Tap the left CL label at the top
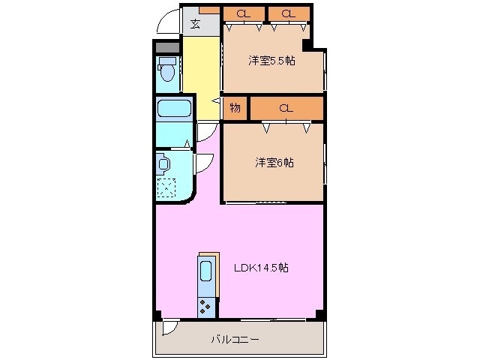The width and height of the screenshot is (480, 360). pos(244,13)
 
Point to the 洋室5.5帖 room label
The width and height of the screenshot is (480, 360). pos(271,61)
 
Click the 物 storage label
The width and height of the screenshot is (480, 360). pos(235,108)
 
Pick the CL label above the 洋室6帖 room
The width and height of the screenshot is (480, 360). pos(286,108)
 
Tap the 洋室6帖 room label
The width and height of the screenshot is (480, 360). pos(273,162)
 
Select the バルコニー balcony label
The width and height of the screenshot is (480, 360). pos(235,340)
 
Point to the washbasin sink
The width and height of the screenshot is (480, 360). pos(163,162)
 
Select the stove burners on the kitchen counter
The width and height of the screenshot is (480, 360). pos(206,305)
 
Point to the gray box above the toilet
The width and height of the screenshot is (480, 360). pos(167,47)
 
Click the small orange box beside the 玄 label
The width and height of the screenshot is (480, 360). pos(211,10)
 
